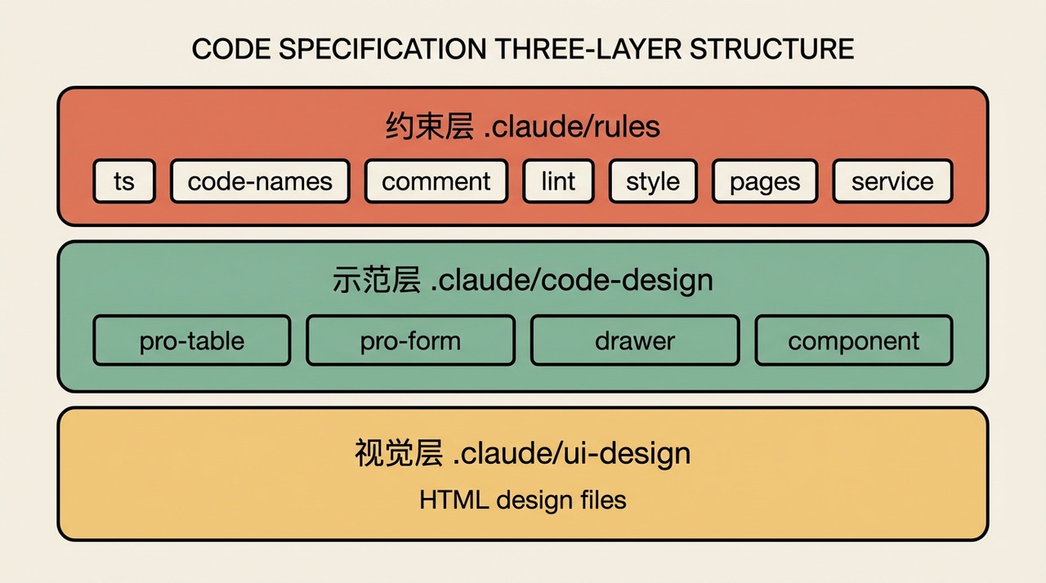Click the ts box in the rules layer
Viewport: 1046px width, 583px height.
click(124, 181)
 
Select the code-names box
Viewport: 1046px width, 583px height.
click(260, 181)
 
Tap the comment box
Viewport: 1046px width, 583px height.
click(436, 181)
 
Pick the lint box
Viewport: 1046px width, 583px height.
click(558, 181)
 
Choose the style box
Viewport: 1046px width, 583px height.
click(653, 181)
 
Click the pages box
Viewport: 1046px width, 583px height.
click(765, 181)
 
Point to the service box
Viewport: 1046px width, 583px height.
click(892, 181)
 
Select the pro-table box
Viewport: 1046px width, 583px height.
click(192, 340)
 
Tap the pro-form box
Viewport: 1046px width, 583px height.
click(410, 340)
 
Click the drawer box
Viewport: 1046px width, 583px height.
click(635, 340)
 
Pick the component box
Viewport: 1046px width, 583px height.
click(854, 340)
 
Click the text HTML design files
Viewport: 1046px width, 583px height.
click(523, 500)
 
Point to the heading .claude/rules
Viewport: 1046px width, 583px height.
click(572, 127)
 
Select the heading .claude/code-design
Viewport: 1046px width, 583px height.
click(571, 281)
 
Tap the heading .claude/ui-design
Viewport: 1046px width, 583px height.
click(572, 454)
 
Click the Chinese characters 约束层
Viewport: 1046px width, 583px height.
click(430, 127)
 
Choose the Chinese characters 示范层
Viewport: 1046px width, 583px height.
click(377, 280)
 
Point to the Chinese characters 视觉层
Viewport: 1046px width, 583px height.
click(399, 453)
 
